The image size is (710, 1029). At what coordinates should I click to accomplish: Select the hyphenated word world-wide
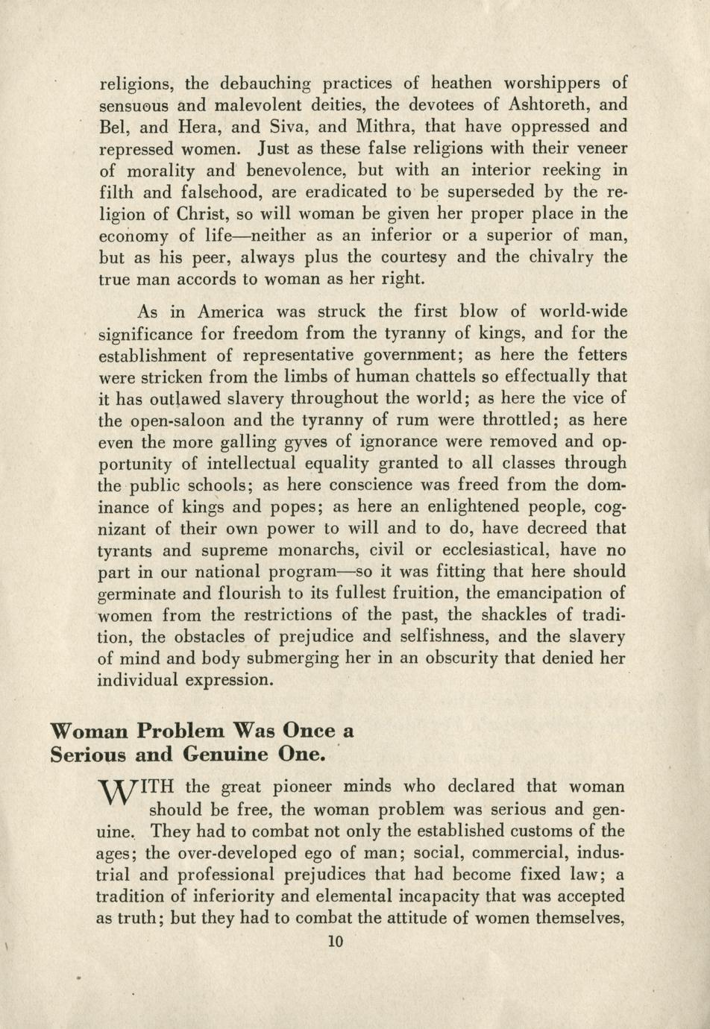(x=582, y=311)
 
